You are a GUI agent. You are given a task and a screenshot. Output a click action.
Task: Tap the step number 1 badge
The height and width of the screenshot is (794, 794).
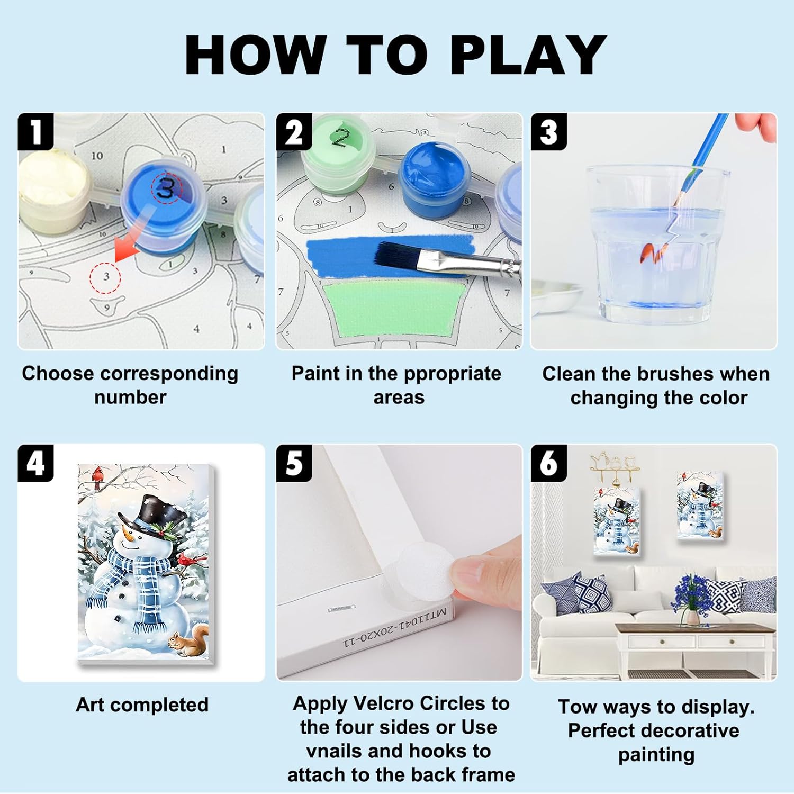click(x=36, y=132)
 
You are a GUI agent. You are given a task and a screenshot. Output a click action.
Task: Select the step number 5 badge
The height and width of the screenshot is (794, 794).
click(x=294, y=463)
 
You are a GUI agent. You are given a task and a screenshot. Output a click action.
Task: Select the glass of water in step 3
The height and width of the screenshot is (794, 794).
click(x=658, y=243)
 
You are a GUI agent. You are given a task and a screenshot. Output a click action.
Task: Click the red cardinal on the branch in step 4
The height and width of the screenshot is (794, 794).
click(x=97, y=476)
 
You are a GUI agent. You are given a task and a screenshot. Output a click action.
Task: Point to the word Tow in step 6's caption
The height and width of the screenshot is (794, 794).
click(x=577, y=707)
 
